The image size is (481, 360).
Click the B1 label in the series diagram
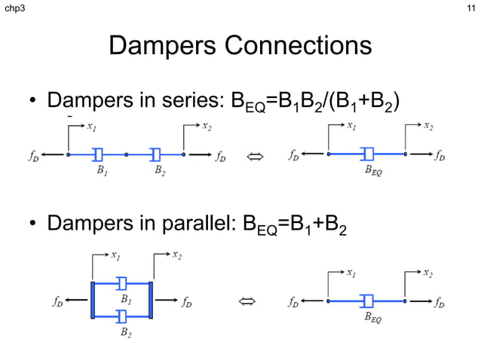tap(100, 172)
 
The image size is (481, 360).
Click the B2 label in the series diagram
tap(160, 172)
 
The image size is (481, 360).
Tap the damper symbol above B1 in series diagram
tap(98, 154)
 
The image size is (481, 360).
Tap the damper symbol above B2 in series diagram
tap(156, 154)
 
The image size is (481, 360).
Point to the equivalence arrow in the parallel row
tap(247, 303)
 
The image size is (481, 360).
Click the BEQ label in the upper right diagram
tap(372, 172)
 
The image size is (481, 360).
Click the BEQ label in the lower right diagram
tap(372, 319)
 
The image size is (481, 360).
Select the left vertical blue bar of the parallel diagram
tap(92, 300)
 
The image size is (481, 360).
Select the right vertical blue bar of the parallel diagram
tap(151, 300)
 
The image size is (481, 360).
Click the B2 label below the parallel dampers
tap(126, 332)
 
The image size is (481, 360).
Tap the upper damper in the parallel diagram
tap(122, 283)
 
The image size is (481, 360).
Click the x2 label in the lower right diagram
tap(427, 272)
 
